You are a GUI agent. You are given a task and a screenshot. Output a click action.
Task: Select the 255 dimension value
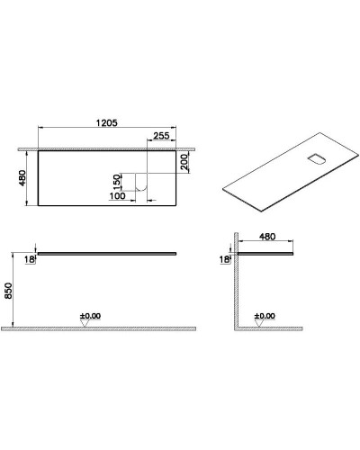163,136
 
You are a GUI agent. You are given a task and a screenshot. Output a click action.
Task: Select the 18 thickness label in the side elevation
223,258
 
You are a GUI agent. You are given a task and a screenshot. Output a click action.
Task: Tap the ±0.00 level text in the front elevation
90,316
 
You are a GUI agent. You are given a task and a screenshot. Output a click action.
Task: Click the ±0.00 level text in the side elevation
264,316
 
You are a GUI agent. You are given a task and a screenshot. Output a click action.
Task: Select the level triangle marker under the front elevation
84,325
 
